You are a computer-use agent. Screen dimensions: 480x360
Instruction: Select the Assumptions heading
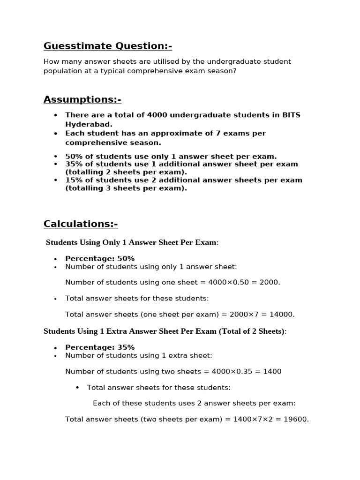point(82,99)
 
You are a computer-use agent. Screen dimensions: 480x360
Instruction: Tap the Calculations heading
point(81,224)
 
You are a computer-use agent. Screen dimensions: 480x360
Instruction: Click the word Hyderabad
point(88,124)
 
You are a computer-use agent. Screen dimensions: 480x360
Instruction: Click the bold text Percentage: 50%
point(100,259)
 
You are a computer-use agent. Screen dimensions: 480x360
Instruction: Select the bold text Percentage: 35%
point(100,347)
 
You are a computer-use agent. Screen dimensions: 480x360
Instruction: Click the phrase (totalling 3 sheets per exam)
point(126,188)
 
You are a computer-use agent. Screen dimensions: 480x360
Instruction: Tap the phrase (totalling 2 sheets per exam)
point(126,172)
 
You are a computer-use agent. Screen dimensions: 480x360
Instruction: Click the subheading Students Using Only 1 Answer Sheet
point(132,242)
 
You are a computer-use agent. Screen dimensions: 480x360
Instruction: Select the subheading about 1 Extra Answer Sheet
point(164,331)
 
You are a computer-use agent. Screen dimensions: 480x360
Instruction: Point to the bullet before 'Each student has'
point(56,134)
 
